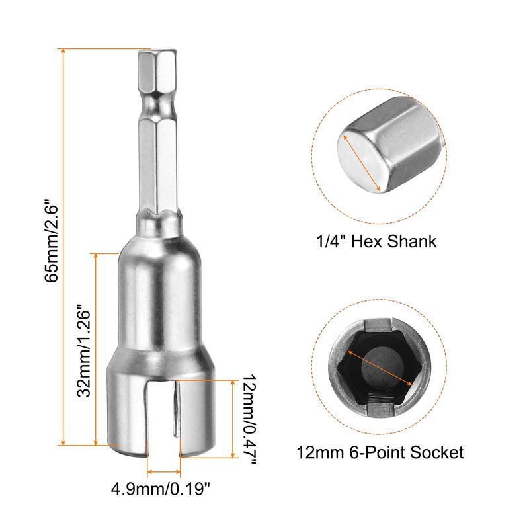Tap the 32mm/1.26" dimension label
tap(83, 350)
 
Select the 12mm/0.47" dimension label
tap(249, 419)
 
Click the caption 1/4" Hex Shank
tap(376, 241)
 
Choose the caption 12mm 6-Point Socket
tap(380, 452)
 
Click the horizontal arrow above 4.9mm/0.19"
tap(163, 471)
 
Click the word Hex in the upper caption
tap(361, 241)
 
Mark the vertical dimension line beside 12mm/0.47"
tap(233, 419)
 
